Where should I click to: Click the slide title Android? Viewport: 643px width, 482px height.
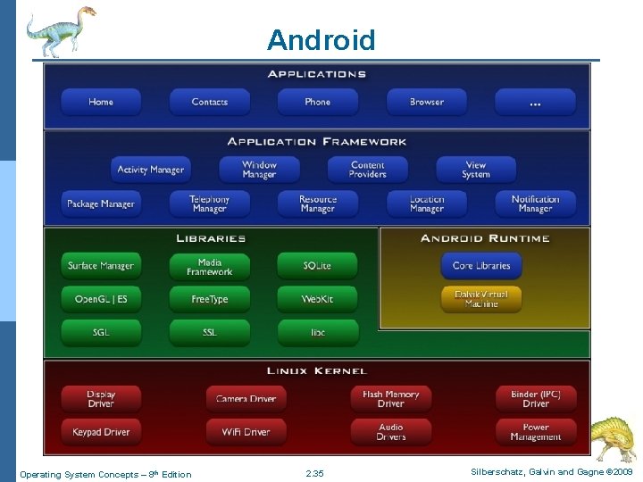pos(321,40)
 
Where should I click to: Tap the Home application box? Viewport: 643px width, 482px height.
pos(101,102)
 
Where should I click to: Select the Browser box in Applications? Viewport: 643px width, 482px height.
pos(426,102)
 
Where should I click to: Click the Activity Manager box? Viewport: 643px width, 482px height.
pos(150,170)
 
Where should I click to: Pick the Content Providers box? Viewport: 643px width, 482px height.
pos(367,170)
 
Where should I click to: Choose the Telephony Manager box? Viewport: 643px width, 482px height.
pos(209,204)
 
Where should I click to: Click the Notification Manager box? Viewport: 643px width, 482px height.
pos(535,204)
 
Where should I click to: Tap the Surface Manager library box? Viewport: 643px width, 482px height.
pos(101,266)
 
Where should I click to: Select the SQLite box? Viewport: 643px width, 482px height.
pos(317,266)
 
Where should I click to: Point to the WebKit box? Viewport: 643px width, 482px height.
pos(317,299)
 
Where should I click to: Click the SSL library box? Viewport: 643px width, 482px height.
pos(209,332)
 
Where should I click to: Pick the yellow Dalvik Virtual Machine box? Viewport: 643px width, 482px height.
pos(480,299)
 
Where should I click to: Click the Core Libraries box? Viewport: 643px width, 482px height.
pos(480,266)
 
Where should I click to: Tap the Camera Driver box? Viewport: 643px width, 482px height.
pos(246,399)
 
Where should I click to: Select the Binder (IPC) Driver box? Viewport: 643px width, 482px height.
pos(535,399)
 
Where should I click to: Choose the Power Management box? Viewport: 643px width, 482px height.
pos(535,432)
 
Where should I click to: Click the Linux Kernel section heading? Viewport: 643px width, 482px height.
pos(316,370)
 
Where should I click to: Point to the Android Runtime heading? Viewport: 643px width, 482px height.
pos(485,238)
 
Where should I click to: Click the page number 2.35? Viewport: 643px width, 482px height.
pos(314,474)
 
